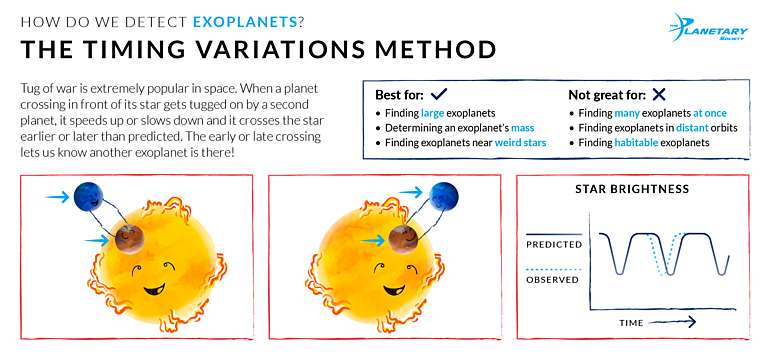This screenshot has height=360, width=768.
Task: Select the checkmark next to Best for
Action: [437, 94]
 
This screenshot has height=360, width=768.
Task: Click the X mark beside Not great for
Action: [658, 94]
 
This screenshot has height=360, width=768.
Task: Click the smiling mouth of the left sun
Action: [152, 291]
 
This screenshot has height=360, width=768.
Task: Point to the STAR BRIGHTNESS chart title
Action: [631, 189]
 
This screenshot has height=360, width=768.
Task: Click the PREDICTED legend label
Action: [553, 242]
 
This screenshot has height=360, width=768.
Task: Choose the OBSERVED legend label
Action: [553, 279]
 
